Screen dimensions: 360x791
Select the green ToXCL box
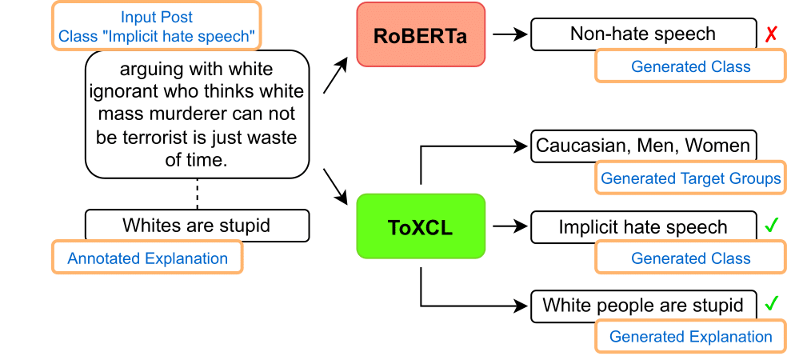click(x=421, y=226)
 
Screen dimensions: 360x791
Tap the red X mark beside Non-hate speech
click(x=771, y=34)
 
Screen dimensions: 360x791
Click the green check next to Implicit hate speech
click(x=771, y=226)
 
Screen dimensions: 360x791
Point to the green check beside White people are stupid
click(x=771, y=305)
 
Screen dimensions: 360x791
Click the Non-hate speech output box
click(x=643, y=34)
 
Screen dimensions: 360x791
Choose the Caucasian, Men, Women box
click(x=643, y=146)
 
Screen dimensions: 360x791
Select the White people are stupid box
click(x=643, y=305)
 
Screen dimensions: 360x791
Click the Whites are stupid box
click(x=196, y=226)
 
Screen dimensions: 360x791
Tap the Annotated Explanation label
click(x=147, y=258)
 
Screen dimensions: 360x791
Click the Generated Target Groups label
click(x=691, y=178)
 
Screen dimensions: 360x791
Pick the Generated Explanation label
click(x=691, y=337)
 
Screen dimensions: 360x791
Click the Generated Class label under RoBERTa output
click(x=691, y=66)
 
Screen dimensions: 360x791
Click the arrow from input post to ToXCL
click(x=336, y=185)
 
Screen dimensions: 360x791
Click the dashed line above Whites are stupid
click(x=197, y=194)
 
